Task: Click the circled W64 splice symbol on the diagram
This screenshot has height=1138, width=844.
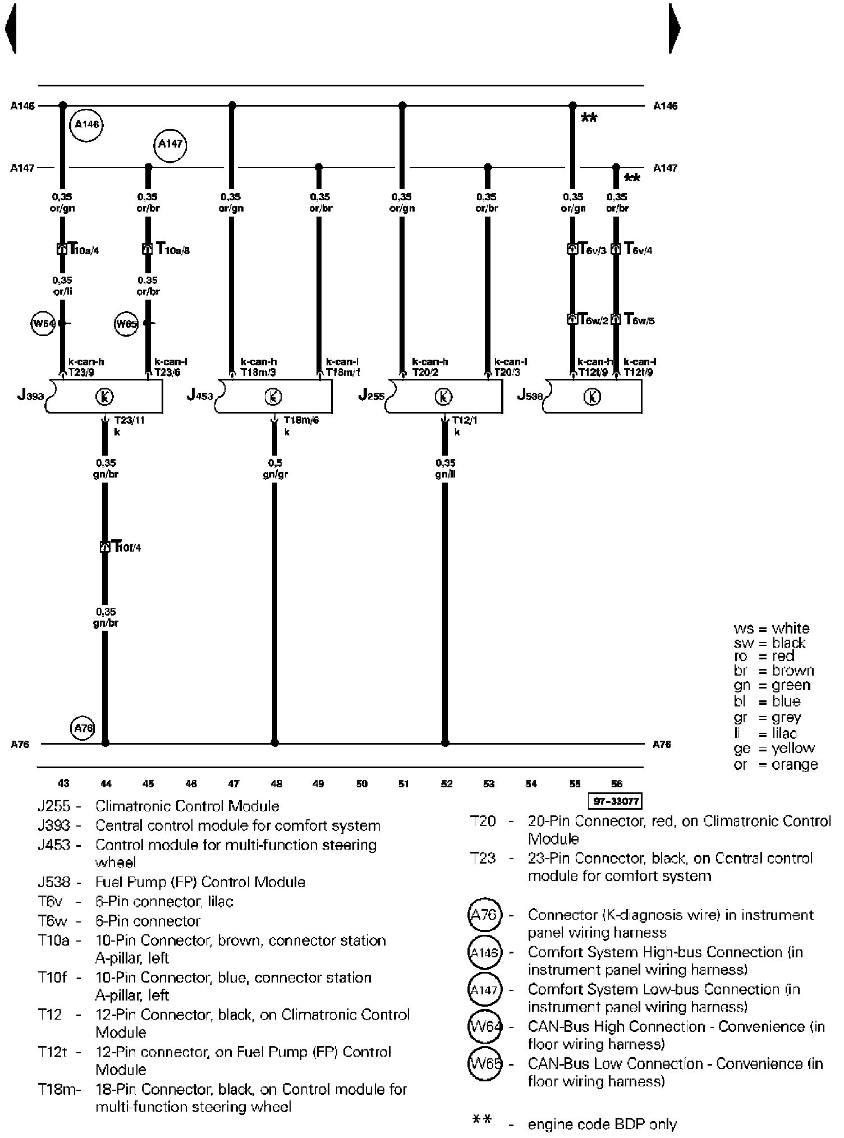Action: click(x=43, y=323)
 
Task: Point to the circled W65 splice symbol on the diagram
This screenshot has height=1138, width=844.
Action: click(x=126, y=324)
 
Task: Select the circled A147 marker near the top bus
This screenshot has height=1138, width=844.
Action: click(x=169, y=144)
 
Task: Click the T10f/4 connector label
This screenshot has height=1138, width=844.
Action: click(x=126, y=547)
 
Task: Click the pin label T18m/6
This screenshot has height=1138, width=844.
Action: click(x=301, y=420)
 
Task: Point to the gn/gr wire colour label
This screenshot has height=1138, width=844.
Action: click(x=275, y=475)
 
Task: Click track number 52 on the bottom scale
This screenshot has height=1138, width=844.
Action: click(x=446, y=784)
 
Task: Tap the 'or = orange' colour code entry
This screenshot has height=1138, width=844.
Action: click(x=776, y=764)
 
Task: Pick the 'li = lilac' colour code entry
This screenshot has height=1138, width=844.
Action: click(x=765, y=733)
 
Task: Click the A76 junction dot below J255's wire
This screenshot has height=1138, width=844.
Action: click(x=445, y=743)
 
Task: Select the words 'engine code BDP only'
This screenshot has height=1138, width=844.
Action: click(x=602, y=1124)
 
